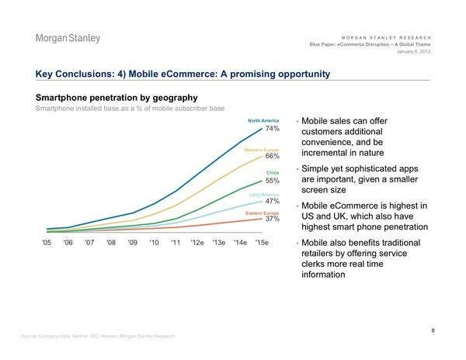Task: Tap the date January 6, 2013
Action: (x=413, y=52)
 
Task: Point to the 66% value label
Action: (x=272, y=156)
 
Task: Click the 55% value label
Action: (x=272, y=179)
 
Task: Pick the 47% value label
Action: (x=272, y=201)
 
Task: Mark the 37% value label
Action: (x=272, y=220)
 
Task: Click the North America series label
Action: (x=263, y=121)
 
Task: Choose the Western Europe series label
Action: (x=262, y=148)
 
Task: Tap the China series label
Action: (x=273, y=171)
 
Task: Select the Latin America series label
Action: (x=264, y=193)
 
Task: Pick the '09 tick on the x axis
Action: (x=132, y=244)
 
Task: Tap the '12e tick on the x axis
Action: (x=197, y=244)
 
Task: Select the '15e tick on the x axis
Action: (x=263, y=244)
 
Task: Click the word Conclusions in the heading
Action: (x=92, y=74)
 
